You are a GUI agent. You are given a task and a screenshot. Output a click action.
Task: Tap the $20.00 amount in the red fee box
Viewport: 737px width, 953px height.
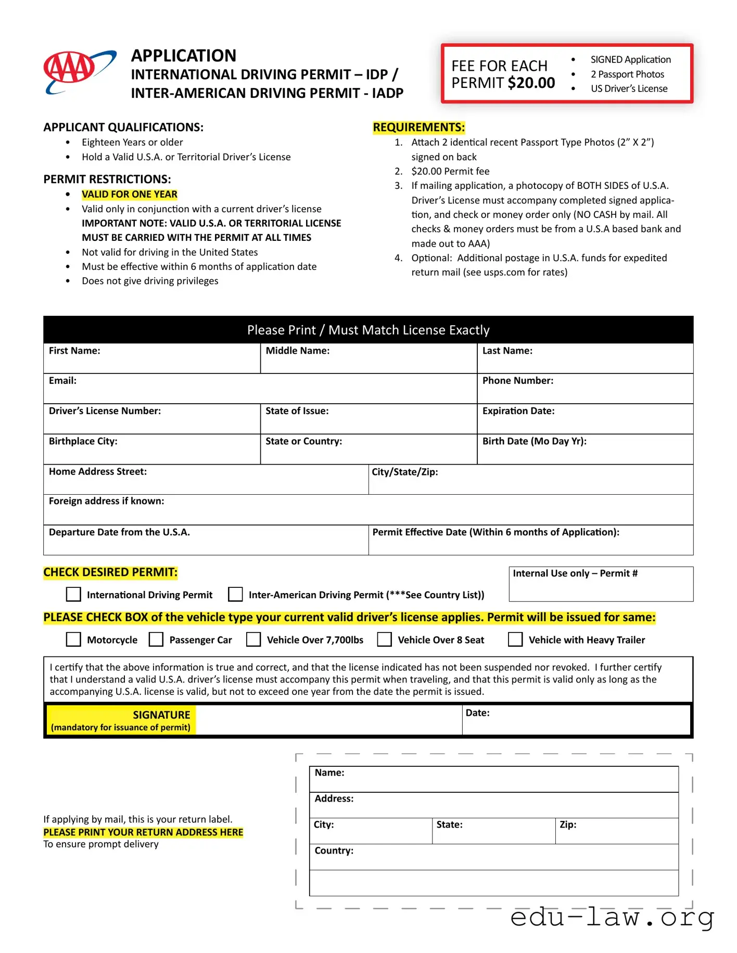click(x=531, y=83)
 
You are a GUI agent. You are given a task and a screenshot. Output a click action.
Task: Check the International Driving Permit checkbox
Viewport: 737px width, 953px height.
click(x=74, y=594)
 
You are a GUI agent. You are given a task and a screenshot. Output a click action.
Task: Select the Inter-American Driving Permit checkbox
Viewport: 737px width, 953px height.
click(x=236, y=594)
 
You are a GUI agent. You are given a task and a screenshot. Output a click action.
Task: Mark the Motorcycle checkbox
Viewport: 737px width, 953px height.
click(x=74, y=639)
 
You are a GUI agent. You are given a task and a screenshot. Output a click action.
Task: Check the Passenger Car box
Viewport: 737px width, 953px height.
click(x=156, y=639)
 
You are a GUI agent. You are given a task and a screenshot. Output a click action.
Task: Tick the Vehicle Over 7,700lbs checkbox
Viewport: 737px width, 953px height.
click(x=253, y=639)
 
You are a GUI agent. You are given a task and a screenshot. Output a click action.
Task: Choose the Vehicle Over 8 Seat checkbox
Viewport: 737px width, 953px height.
click(x=385, y=639)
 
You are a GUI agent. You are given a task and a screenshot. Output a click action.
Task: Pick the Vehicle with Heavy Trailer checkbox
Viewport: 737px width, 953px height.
click(x=515, y=639)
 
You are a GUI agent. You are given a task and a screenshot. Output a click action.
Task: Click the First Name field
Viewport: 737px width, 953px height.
click(x=151, y=363)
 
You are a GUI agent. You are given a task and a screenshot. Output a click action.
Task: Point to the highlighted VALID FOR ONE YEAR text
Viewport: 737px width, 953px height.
click(x=130, y=195)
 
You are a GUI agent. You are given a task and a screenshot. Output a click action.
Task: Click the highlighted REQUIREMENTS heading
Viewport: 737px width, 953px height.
click(x=418, y=127)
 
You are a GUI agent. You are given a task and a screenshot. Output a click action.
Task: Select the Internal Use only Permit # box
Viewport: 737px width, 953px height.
click(x=601, y=588)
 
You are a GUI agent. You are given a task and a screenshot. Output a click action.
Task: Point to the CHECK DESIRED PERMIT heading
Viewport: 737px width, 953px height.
click(x=110, y=572)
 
